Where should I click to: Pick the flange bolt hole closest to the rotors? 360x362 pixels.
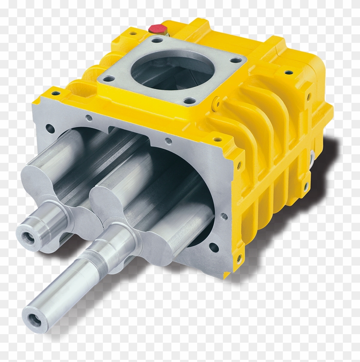[189, 102]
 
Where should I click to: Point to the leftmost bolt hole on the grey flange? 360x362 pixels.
[108, 79]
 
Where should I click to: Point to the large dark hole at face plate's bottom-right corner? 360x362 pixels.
[213, 247]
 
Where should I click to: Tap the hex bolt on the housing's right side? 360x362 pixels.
[312, 155]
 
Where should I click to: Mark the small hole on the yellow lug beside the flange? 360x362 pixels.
[218, 103]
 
